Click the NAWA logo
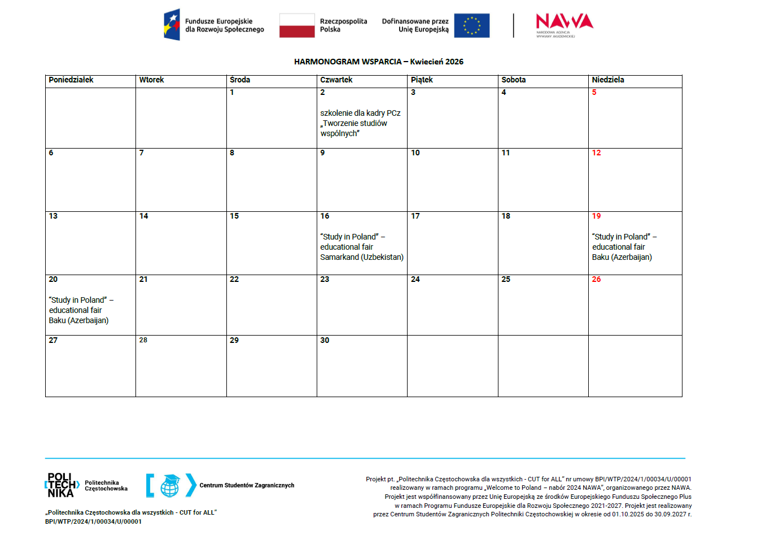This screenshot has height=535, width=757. point(564,24)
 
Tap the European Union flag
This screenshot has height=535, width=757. point(471,25)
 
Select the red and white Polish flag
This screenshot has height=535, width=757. point(297,25)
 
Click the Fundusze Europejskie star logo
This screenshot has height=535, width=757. point(172,25)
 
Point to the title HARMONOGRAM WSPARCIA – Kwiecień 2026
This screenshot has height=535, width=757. point(378,62)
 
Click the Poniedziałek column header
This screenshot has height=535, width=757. point(71,80)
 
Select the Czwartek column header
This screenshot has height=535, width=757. point(336,80)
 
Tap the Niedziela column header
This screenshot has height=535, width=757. point(608,80)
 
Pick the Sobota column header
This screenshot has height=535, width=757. point(514,80)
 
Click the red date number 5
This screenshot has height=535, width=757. point(594,93)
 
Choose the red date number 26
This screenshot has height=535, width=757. point(597,280)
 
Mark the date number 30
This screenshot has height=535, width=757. point(325,341)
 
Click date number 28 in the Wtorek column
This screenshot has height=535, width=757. point(143,340)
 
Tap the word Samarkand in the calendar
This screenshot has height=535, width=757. point(339,257)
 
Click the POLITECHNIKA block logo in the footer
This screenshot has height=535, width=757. point(62,485)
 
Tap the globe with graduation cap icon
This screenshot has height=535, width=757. point(170,485)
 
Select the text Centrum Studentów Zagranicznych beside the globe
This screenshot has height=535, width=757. point(247,485)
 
